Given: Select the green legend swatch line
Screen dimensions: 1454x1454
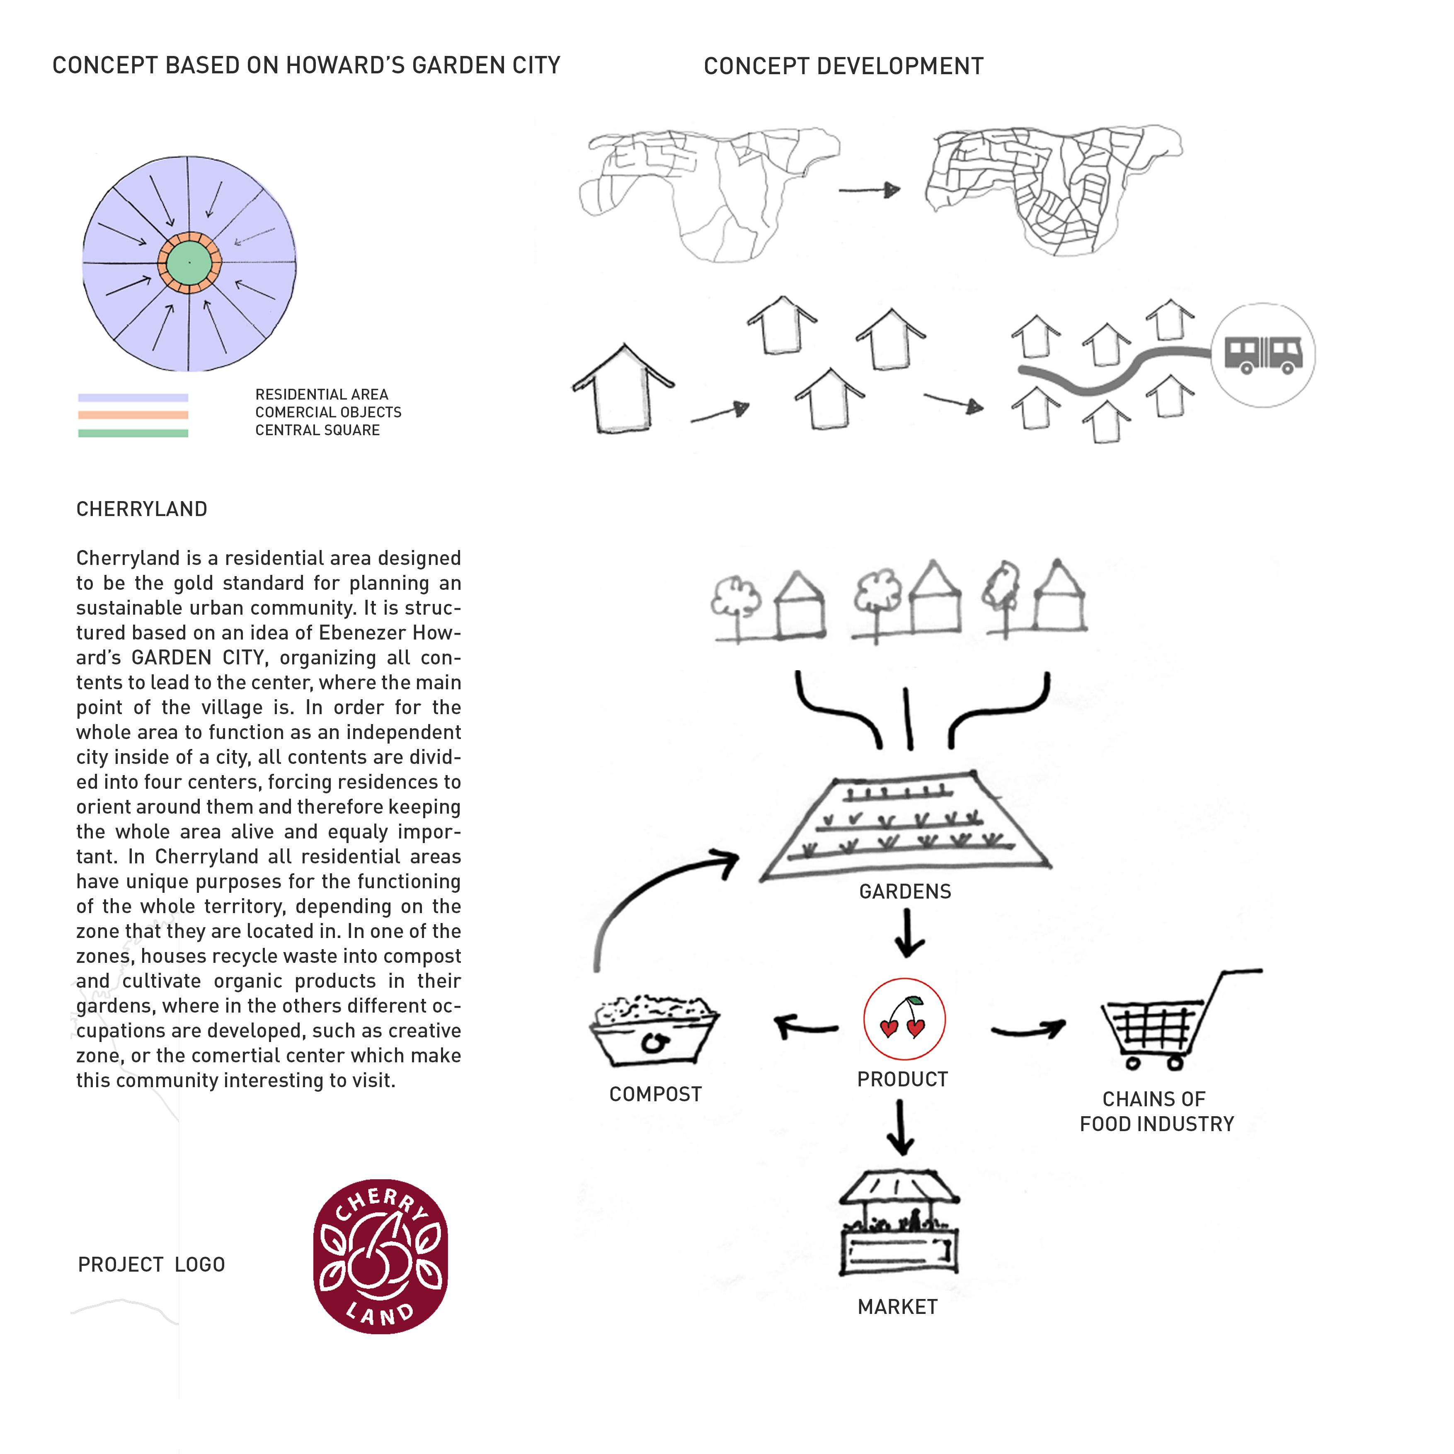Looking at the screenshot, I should (x=133, y=433).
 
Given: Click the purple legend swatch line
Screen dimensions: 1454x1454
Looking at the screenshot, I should (x=133, y=397).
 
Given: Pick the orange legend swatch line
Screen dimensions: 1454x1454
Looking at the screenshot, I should (x=133, y=414).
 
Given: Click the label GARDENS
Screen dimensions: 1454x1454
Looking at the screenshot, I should (x=905, y=892).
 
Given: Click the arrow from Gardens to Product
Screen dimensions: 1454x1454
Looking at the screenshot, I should (x=908, y=933).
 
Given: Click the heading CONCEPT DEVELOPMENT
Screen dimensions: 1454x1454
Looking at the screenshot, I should (x=843, y=66).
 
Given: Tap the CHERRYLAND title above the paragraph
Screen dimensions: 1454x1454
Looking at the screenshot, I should (x=141, y=509).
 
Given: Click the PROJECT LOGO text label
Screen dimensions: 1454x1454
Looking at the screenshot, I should (x=151, y=1264).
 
